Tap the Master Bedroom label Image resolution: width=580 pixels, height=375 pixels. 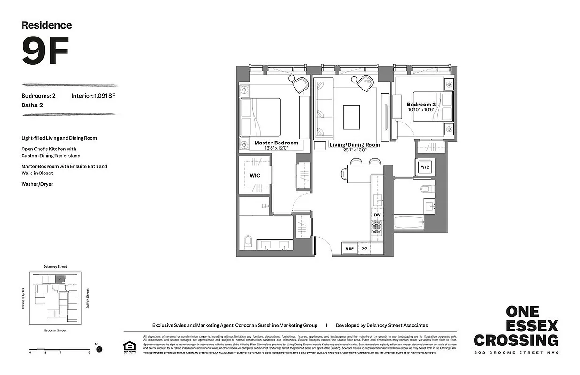pos(276,142)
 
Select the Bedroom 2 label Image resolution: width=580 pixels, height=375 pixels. pos(421,104)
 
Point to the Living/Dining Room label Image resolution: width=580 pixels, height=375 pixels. pos(354,145)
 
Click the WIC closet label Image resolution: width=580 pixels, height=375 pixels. pos(255,175)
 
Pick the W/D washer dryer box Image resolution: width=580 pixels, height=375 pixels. pos(425,167)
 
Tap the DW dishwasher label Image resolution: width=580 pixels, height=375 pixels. pos(377,215)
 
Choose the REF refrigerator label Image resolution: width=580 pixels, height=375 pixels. pos(350,248)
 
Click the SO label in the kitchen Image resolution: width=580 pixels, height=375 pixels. pos(364,248)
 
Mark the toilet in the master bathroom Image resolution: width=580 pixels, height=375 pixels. pos(249,243)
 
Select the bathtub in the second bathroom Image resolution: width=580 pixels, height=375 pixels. pos(409,222)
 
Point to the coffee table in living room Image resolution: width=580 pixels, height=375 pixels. pos(351,117)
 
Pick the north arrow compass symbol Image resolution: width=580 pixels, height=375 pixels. pos(99,349)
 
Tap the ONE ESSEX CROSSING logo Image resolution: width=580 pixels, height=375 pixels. pos(516,326)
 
